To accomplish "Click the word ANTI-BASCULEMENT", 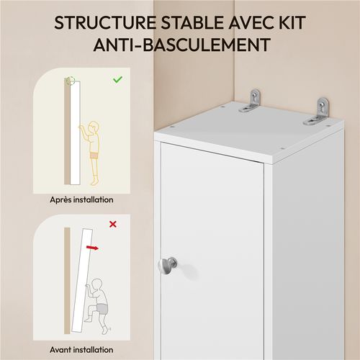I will [x=180, y=45].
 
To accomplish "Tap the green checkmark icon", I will [x=117, y=79].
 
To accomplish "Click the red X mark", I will [x=112, y=224].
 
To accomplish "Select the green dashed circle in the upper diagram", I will [x=70, y=81].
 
